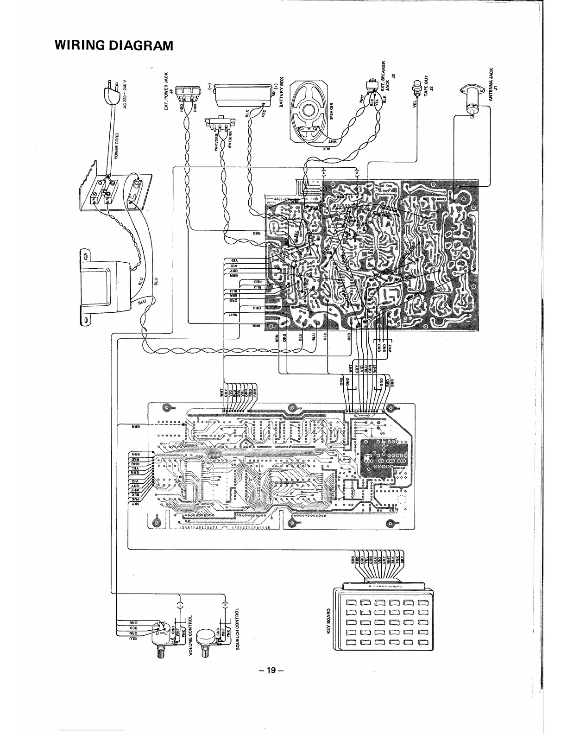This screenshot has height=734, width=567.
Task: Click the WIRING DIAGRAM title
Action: click(114, 45)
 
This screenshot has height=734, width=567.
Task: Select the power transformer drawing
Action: click(107, 287)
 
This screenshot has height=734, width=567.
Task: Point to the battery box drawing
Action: click(242, 94)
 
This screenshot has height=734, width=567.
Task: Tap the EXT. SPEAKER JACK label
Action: click(386, 79)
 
